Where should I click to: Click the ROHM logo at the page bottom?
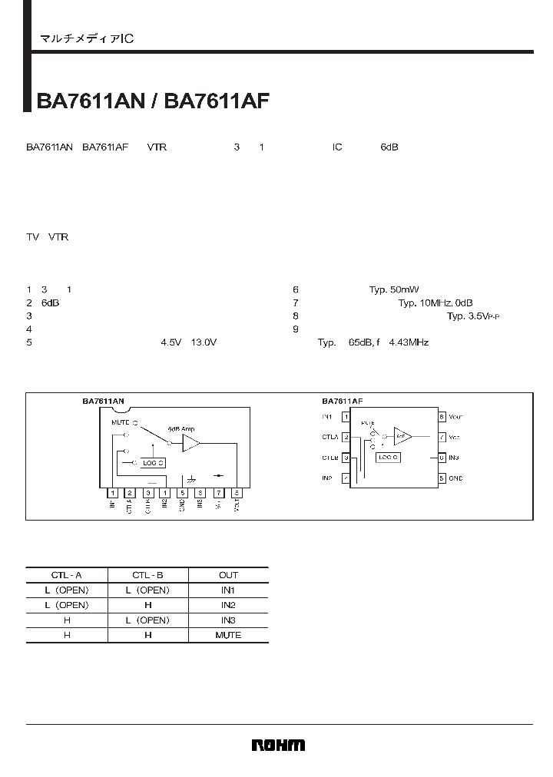pos(278,745)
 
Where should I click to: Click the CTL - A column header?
pos(67,574)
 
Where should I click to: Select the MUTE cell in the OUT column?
pos(228,635)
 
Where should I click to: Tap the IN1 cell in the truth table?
pos(228,590)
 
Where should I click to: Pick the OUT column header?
pos(228,574)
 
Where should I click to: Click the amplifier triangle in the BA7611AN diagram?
pos(190,443)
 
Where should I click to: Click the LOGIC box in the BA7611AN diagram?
pos(153,463)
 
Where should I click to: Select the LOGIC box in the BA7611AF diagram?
pos(387,457)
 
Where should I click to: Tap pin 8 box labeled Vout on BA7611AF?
pos(442,417)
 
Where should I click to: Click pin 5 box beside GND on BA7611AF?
pos(442,478)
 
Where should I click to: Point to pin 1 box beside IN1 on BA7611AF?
pos(346,417)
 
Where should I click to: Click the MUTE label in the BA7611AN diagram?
pos(120,422)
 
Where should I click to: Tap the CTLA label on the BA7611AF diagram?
pos(330,438)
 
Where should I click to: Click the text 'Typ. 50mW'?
pos(393,289)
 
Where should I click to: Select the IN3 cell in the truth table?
pos(228,620)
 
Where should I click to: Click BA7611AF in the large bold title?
pos(217,102)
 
